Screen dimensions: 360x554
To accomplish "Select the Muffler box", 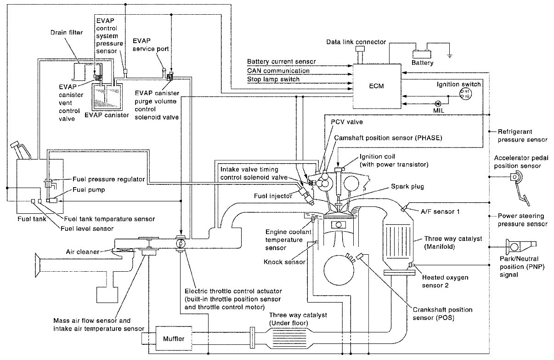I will (x=174, y=339).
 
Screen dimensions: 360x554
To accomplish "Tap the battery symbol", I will (x=422, y=53).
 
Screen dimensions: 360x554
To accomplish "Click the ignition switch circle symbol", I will (x=464, y=94).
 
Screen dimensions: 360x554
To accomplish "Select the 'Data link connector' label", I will (x=356, y=42).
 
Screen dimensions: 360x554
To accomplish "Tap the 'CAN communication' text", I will (x=278, y=71).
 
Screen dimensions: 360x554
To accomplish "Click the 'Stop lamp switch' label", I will (x=273, y=79).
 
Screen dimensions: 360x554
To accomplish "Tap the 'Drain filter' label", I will (x=66, y=32).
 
